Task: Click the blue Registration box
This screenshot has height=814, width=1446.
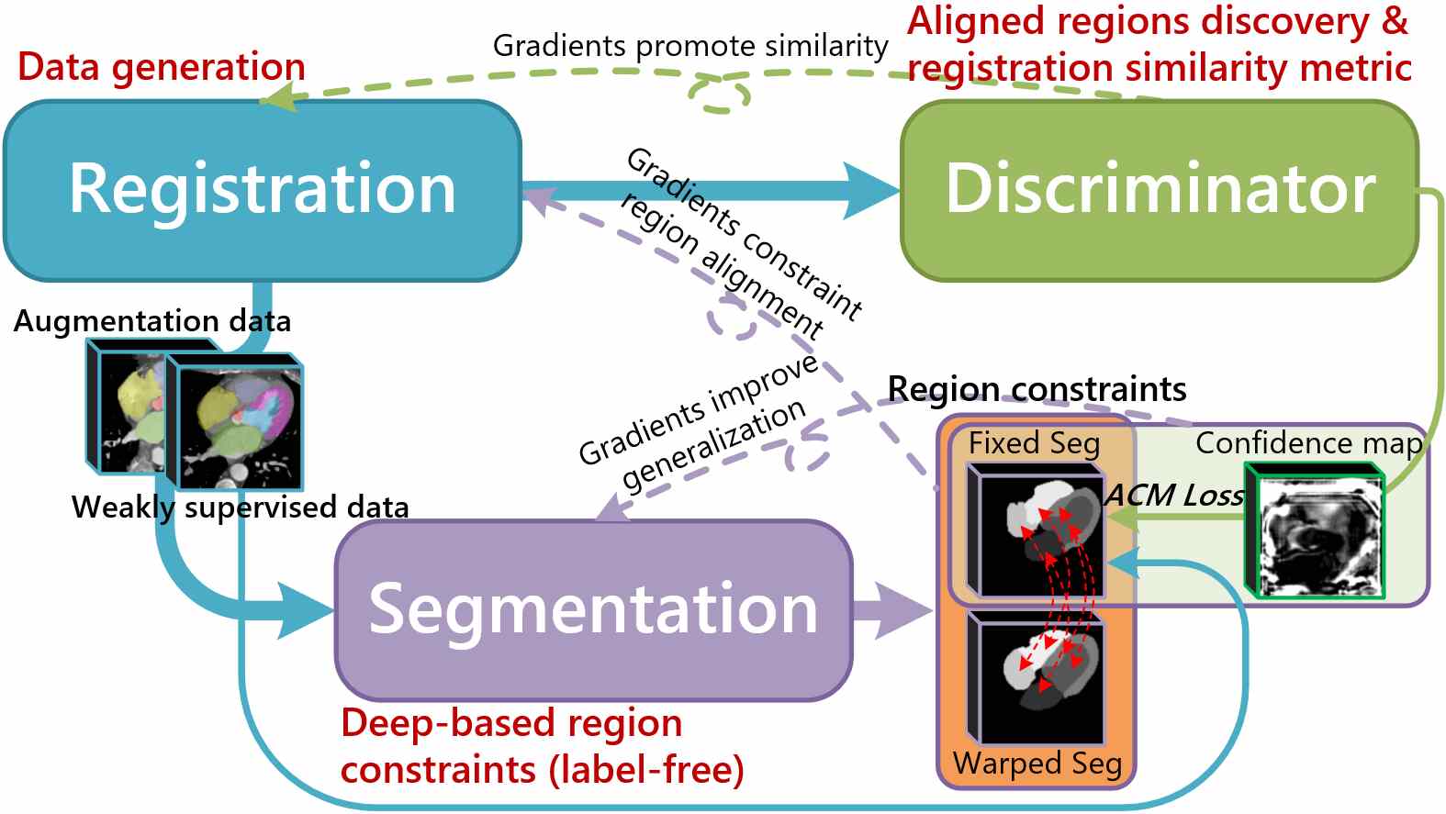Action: (262, 190)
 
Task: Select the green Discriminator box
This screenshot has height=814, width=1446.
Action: (1160, 190)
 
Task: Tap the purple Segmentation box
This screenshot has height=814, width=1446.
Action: (593, 610)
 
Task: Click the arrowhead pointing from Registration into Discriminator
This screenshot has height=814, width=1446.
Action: (871, 190)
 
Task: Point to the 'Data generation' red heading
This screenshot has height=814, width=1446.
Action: (162, 66)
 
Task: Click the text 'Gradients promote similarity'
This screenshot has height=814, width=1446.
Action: (690, 46)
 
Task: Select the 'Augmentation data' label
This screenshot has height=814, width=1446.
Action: (152, 320)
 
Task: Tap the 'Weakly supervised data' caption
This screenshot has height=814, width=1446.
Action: (241, 507)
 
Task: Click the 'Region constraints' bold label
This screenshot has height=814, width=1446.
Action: (1037, 389)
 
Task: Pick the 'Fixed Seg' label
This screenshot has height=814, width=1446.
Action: (1034, 443)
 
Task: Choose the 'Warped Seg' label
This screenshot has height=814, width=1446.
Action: (1037, 763)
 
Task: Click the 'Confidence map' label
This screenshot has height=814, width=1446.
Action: (1308, 443)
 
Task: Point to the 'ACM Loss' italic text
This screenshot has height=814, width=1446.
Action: (1173, 496)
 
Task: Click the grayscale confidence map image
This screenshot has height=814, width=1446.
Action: (1315, 530)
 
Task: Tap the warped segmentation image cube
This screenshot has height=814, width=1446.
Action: (1036, 678)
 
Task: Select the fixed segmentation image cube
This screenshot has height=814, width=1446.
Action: (1036, 530)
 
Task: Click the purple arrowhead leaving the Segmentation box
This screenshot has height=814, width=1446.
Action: (902, 610)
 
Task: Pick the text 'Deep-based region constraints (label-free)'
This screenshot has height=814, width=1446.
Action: (543, 746)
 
